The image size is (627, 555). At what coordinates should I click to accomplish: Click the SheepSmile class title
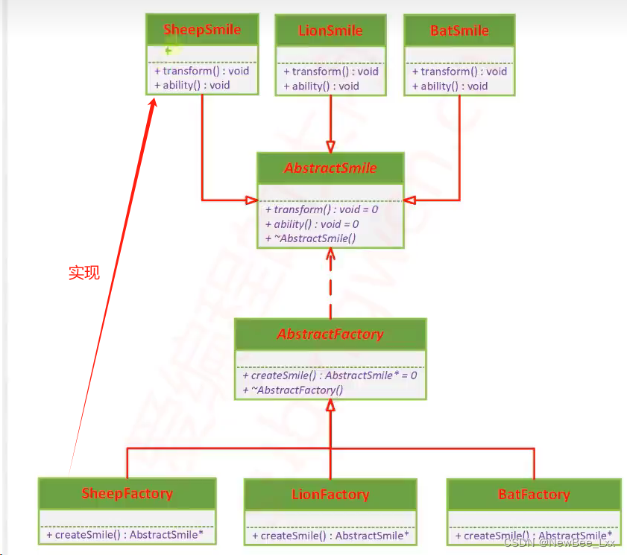[202, 30]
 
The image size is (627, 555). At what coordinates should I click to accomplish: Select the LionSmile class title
[330, 31]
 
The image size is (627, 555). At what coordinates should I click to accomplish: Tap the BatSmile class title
[459, 31]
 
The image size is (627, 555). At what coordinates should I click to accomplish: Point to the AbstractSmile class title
[330, 168]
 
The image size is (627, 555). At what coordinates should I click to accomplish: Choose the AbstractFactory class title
[330, 334]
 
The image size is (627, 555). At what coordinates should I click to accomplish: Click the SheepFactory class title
[127, 493]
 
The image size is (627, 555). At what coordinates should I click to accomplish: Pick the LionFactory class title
[330, 495]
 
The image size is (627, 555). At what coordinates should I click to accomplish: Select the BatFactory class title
[533, 495]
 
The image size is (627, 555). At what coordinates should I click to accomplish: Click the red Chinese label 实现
[84, 273]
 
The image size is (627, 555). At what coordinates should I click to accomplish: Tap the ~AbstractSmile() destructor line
[310, 238]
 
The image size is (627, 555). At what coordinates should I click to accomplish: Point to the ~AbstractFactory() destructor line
[293, 390]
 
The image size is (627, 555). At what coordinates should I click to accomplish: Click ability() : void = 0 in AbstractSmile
[312, 223]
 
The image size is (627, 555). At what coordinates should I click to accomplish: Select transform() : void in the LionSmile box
[331, 72]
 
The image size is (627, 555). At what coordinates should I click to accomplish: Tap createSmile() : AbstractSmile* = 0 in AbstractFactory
[330, 375]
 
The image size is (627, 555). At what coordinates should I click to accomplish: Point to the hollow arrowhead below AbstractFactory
[330, 405]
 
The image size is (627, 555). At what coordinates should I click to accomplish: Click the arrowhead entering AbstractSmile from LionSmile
[330, 147]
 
